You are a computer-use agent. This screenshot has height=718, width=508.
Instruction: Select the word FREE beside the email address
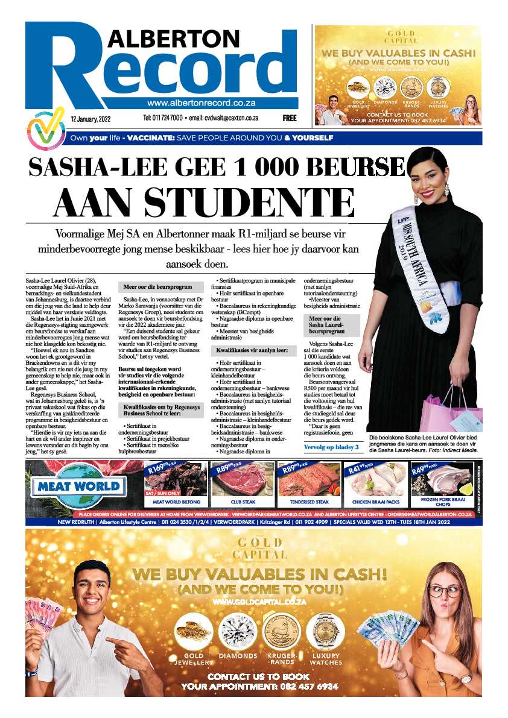click(290, 119)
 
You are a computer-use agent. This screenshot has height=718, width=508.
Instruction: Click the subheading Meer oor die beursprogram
click(157, 289)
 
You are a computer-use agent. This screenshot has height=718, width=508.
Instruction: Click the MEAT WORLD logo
click(81, 486)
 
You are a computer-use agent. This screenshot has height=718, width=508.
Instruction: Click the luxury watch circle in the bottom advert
click(325, 631)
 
